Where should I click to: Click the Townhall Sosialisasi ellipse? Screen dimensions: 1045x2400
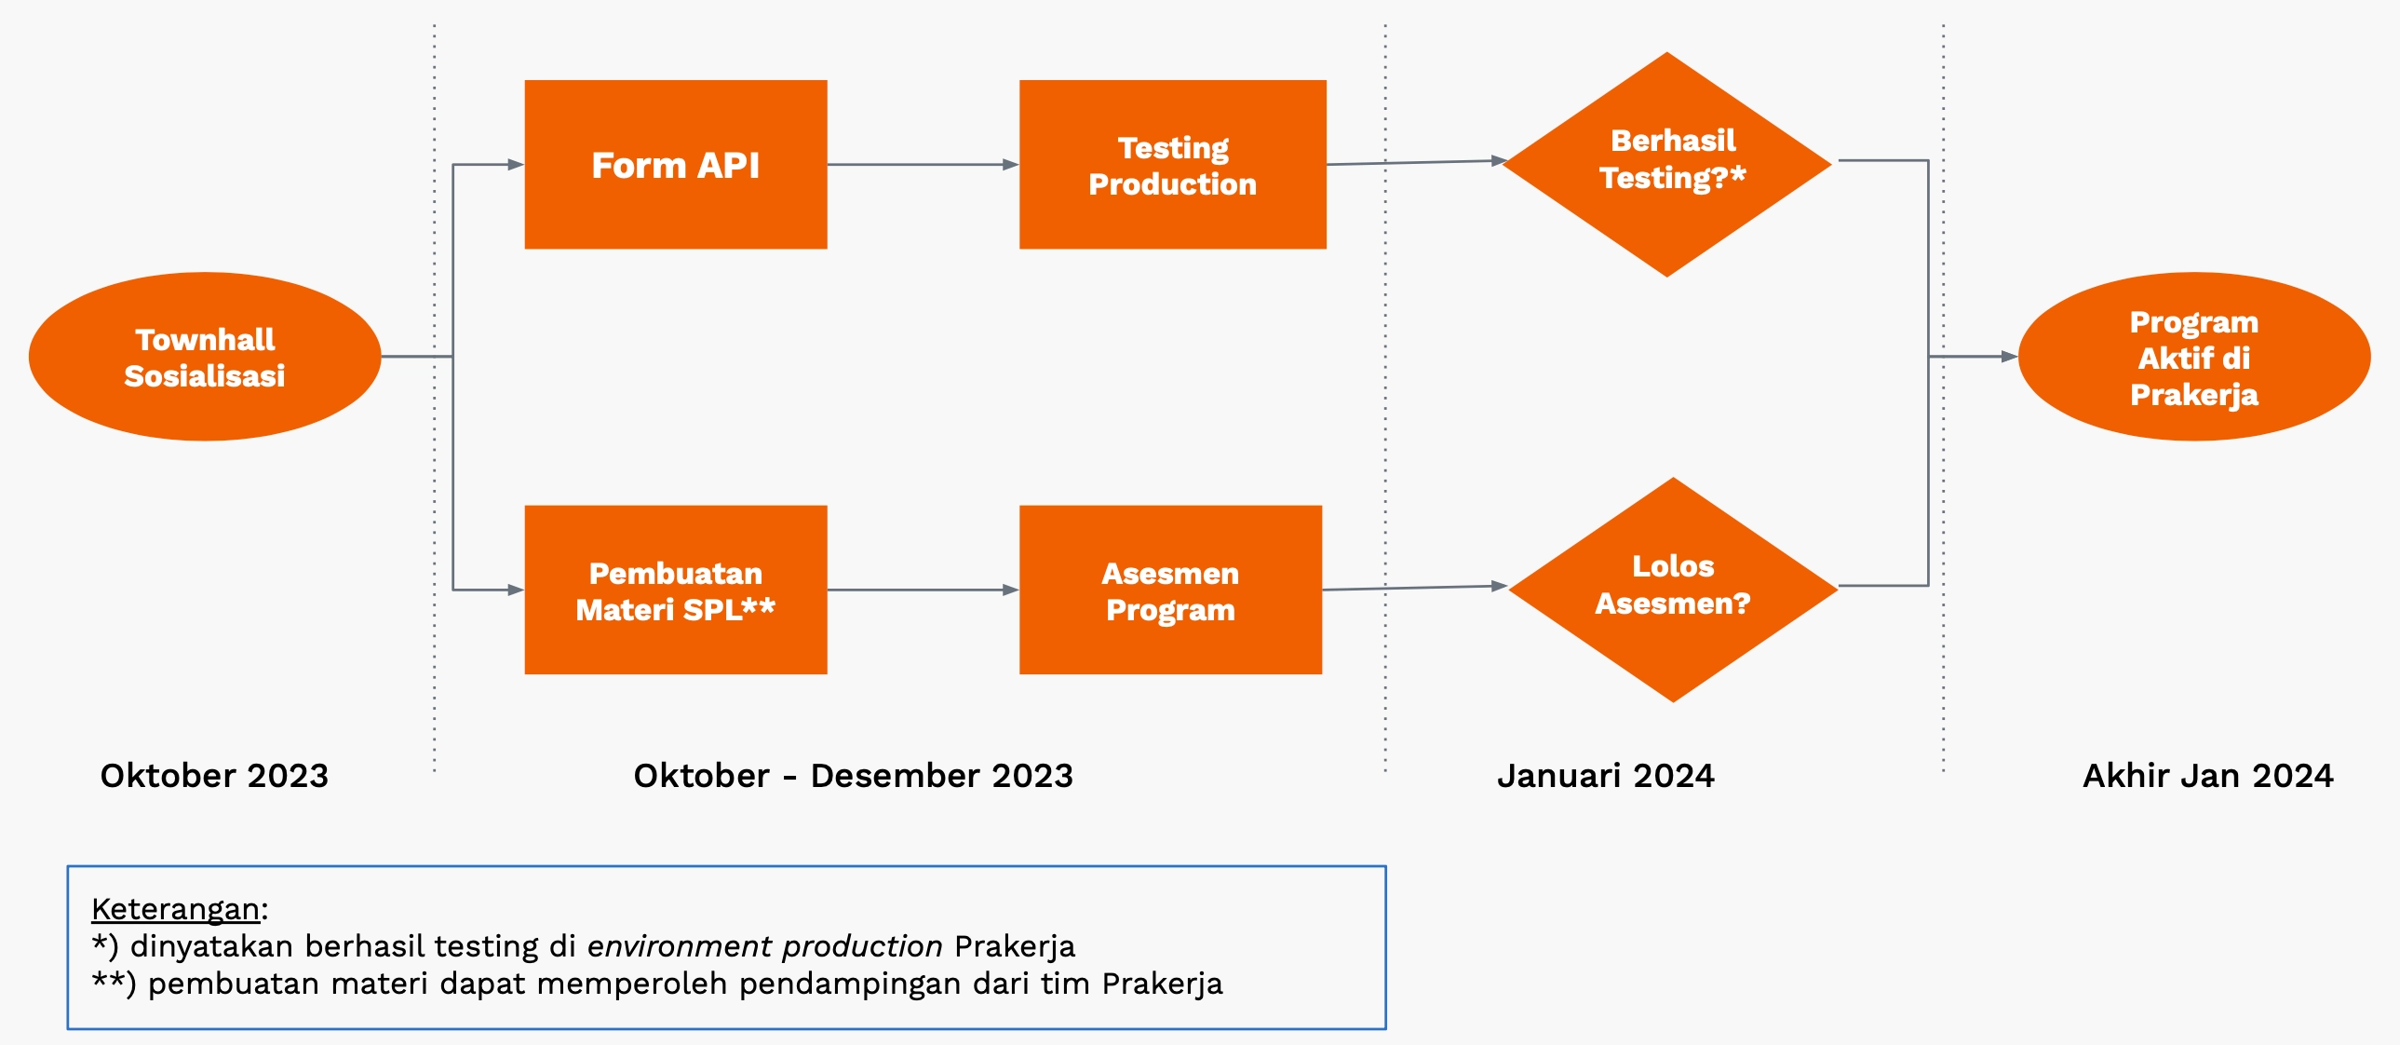pyautogui.click(x=205, y=357)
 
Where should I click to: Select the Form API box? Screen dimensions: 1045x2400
pyautogui.click(x=676, y=165)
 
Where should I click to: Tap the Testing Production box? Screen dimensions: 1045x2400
pyautogui.click(x=1172, y=165)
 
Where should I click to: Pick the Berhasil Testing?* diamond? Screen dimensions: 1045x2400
pyautogui.click(x=1666, y=164)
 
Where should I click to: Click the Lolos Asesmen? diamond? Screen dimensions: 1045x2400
pyautogui.click(x=1672, y=590)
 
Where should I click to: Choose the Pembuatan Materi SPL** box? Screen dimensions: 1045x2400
pyautogui.click(x=676, y=590)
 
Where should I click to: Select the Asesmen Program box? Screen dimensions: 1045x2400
pyautogui.click(x=1170, y=590)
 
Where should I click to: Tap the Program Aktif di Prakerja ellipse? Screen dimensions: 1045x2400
pyautogui.click(x=2193, y=357)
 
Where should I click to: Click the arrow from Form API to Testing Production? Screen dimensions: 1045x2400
pyautogui.click(x=923, y=165)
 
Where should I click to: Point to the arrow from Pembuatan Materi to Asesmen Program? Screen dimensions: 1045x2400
pyautogui.click(x=923, y=590)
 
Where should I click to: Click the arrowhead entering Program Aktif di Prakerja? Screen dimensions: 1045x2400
pyautogui.click(x=2009, y=356)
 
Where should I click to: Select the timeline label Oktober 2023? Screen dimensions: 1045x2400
pyautogui.click(x=214, y=776)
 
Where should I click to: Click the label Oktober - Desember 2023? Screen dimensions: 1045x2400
pyautogui.click(x=853, y=776)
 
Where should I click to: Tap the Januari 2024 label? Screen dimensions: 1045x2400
pyautogui.click(x=1605, y=776)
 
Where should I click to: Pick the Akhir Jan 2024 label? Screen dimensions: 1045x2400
pyautogui.click(x=2207, y=776)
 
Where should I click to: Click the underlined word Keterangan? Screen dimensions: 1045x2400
pyautogui.click(x=175, y=909)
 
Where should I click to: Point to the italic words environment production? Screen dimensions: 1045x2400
pyautogui.click(x=764, y=946)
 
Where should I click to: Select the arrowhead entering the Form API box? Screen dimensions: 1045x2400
pyautogui.click(x=515, y=165)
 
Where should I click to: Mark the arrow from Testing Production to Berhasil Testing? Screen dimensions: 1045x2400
pyautogui.click(x=1416, y=162)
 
